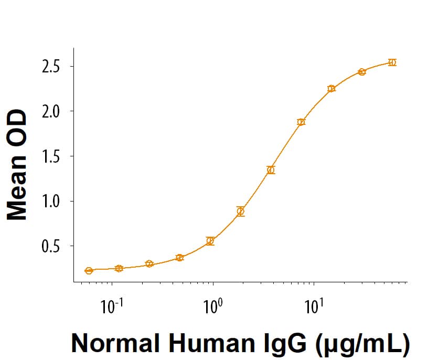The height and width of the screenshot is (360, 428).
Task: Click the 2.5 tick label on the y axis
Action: tap(53, 67)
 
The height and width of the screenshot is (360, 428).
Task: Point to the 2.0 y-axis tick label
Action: tap(53, 111)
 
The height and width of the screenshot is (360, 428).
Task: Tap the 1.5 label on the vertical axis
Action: tap(53, 156)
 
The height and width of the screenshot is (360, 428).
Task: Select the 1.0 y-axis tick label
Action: tap(53, 201)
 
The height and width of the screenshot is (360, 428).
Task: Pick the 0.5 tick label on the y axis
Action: tap(53, 246)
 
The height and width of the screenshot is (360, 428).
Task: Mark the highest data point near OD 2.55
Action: tap(392, 62)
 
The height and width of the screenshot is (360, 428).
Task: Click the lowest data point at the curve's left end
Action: tap(89, 271)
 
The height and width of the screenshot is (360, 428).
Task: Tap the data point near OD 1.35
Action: tap(271, 170)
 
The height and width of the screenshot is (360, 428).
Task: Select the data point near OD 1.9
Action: tap(301, 122)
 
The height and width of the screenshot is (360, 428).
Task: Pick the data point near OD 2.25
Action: tap(331, 88)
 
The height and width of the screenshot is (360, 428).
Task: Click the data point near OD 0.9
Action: tap(241, 211)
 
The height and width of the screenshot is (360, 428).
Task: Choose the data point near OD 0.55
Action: tap(210, 241)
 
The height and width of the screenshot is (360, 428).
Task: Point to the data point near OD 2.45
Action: tap(362, 72)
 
